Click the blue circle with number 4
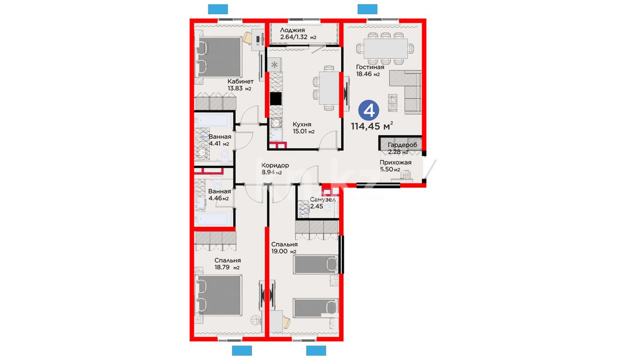[x=369, y=110]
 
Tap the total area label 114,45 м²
[x=372, y=126]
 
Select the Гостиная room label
[x=370, y=70]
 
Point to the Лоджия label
[x=298, y=34]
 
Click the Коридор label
[x=275, y=169]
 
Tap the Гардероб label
[x=402, y=148]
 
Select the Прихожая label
[x=396, y=166]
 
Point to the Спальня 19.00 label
[x=284, y=248]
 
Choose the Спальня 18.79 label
[x=227, y=264]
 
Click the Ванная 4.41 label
[x=220, y=140]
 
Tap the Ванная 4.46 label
[x=219, y=195]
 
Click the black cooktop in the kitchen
[x=276, y=99]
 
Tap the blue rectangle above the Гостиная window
[x=367, y=9]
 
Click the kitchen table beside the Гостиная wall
[x=329, y=88]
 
